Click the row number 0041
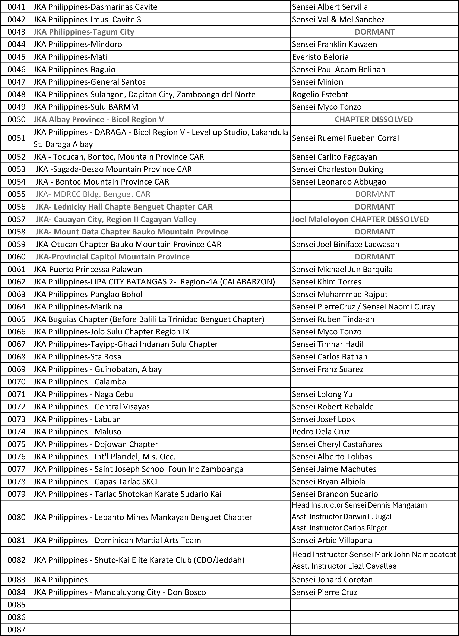pyautogui.click(x=16, y=7)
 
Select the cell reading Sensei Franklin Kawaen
pyautogui.click(x=334, y=44)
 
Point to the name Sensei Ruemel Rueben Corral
pyautogui.click(x=345, y=138)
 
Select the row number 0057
pyautogui.click(x=16, y=219)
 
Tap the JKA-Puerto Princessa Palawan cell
pyautogui.click(x=88, y=270)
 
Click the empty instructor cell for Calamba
pyautogui.click(x=374, y=382)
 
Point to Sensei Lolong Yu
pyautogui.click(x=322, y=394)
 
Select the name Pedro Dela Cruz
pyautogui.click(x=321, y=432)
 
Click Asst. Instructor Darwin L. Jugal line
pyautogui.click(x=342, y=517)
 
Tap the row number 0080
pyautogui.click(x=16, y=517)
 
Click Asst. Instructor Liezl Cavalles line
pyautogui.click(x=344, y=566)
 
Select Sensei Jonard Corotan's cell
pyautogui.click(x=332, y=580)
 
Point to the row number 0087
pyautogui.click(x=16, y=630)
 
